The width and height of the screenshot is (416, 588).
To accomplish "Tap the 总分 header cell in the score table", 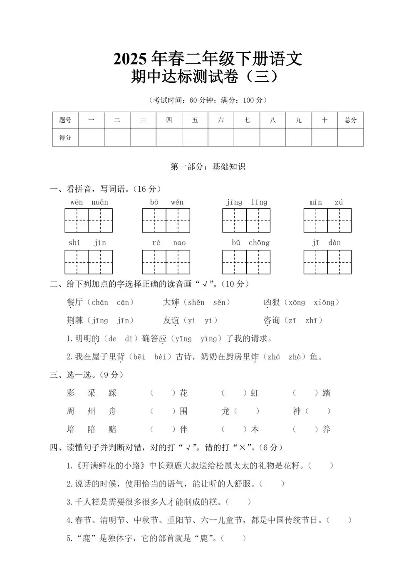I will [x=350, y=120].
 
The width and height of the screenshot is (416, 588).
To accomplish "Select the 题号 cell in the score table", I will [x=65, y=120].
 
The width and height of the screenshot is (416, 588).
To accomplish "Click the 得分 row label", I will [x=65, y=137].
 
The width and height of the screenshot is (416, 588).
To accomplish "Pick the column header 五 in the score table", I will [x=195, y=120].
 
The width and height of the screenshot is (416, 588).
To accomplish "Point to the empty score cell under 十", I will [x=324, y=137].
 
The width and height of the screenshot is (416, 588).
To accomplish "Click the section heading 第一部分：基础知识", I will [x=208, y=167].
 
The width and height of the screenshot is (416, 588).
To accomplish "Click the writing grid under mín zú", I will [x=327, y=220].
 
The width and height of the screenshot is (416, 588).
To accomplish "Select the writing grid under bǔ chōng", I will [x=246, y=262].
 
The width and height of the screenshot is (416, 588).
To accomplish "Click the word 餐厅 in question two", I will [x=75, y=302].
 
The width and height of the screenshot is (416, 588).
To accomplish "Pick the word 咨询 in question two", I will [x=272, y=320].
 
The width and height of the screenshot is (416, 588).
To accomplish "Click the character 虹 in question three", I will [x=255, y=393].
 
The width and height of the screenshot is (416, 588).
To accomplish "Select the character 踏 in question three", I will [x=326, y=393].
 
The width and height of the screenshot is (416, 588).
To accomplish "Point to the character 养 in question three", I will [x=326, y=429].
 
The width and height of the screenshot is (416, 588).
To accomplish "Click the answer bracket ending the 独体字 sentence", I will [x=233, y=538].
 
